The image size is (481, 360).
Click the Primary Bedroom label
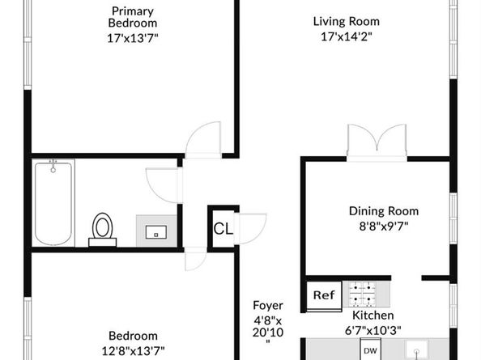coord(133,17)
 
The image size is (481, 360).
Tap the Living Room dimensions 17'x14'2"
coord(347,36)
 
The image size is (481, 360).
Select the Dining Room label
coord(384,211)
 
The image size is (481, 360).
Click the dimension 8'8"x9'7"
coord(384,227)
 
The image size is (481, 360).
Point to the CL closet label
coord(223,229)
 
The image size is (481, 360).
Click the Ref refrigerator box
coord(324,295)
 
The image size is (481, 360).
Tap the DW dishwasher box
coord(370,349)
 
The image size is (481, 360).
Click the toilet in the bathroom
coord(103,230)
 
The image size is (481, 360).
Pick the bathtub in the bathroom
coord(53,202)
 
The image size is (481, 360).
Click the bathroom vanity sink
coord(156,231)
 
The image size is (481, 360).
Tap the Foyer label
coord(268,305)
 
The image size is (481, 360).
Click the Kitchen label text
coord(373,316)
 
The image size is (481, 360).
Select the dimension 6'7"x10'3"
coord(373,331)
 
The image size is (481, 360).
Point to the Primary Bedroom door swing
coord(203,140)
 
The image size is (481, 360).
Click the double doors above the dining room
coord(377,142)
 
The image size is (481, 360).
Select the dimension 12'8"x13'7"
coord(133,351)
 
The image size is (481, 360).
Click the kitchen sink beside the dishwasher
coord(416,349)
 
